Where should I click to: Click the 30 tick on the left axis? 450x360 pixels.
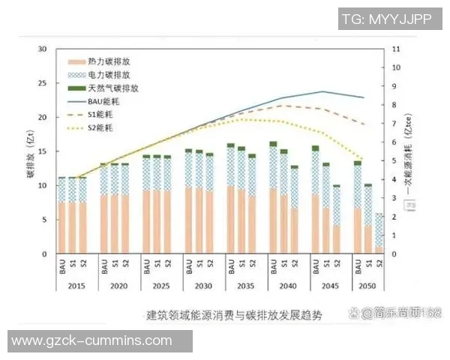(43, 49)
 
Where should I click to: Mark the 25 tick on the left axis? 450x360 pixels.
(43, 83)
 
